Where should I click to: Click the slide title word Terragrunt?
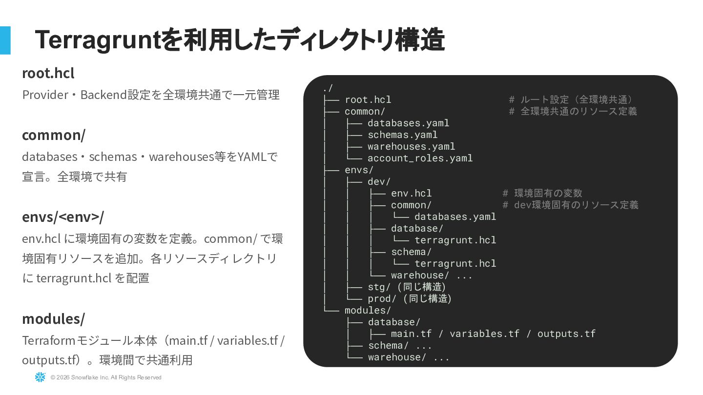98,40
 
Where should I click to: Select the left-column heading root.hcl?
48,73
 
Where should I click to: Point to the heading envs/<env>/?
63,217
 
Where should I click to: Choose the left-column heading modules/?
53,319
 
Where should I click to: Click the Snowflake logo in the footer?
40,377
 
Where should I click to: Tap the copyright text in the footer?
106,377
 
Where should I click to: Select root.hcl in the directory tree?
368,99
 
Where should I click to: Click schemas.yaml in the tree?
402,135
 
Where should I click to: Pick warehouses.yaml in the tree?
411,146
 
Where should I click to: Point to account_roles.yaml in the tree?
420,158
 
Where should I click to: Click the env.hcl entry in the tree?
411,193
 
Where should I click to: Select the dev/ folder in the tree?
379,181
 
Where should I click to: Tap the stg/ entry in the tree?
379,287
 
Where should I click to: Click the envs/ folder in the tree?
359,170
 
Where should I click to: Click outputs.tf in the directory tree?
566,334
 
